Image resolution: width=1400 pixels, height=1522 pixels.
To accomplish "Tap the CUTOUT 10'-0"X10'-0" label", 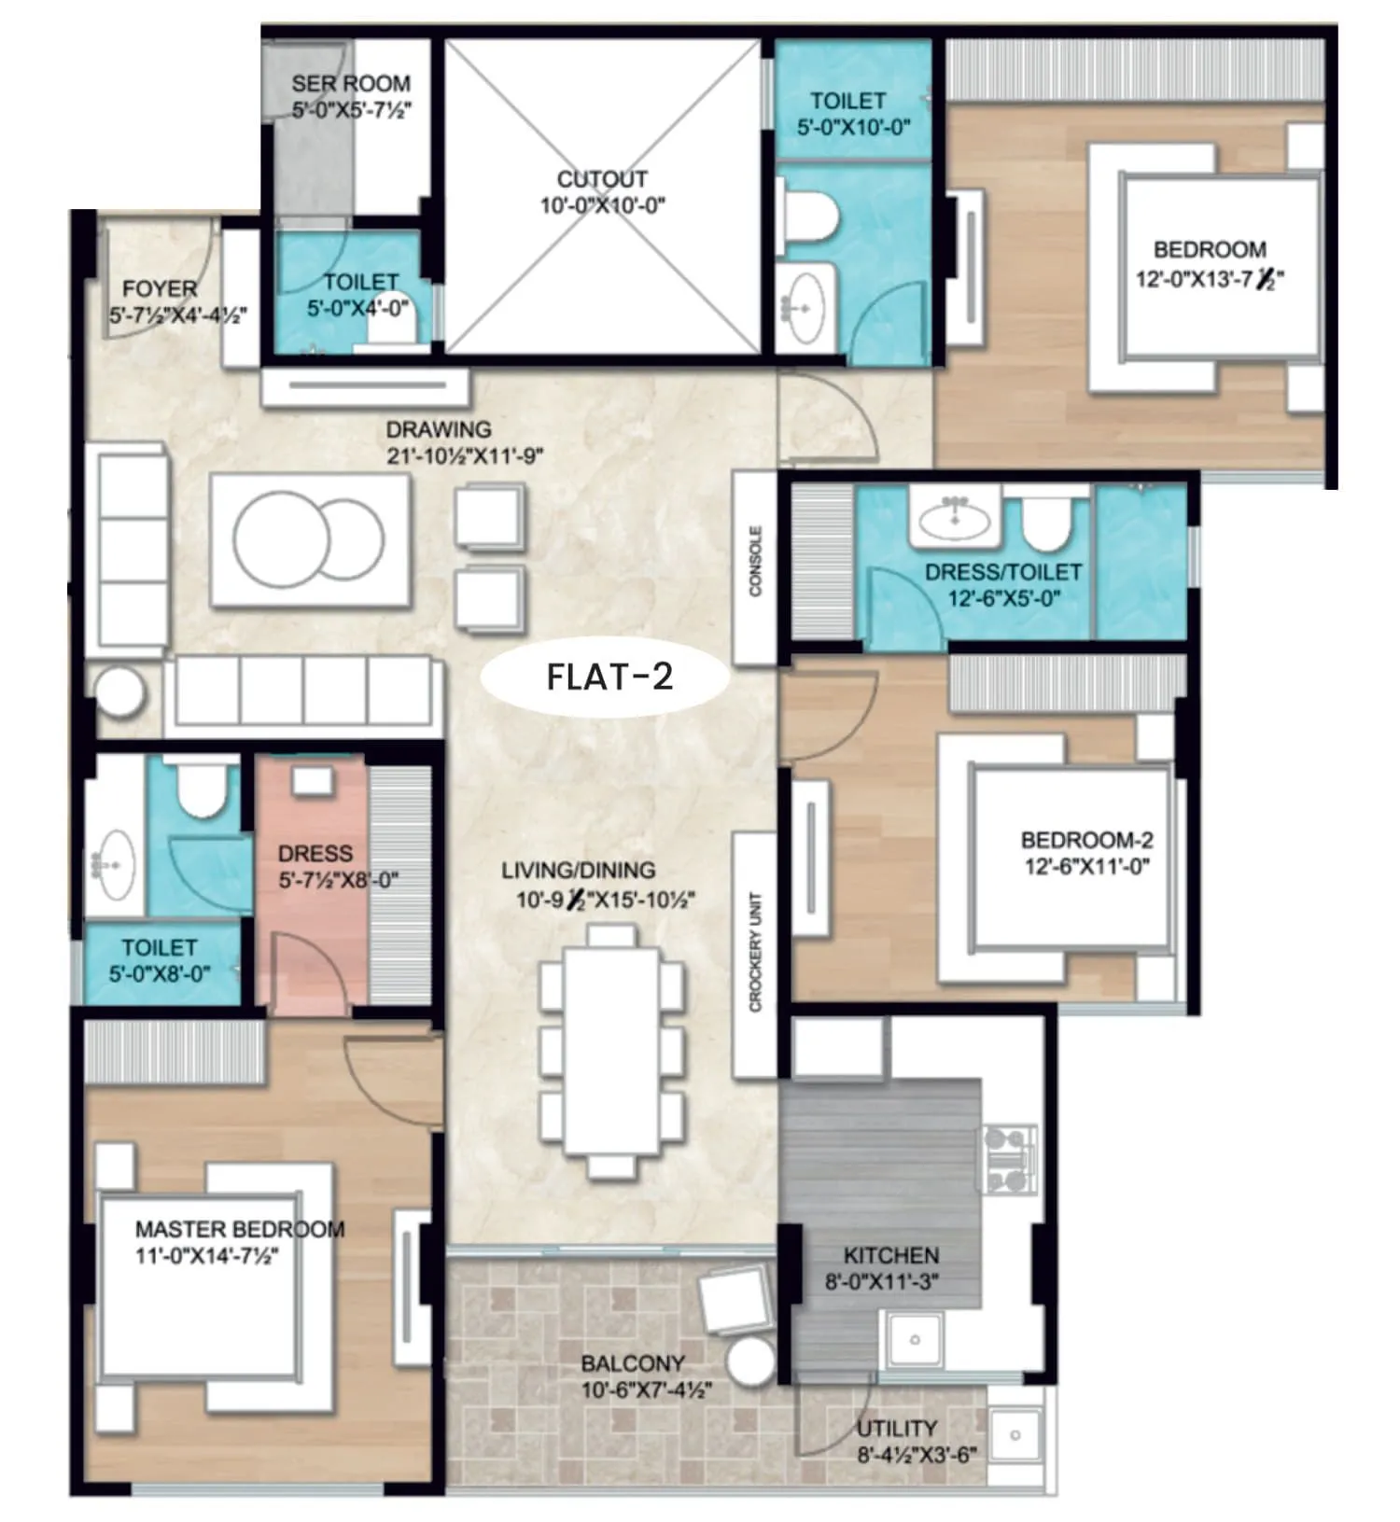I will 602,192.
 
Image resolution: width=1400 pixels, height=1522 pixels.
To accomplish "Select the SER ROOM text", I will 350,84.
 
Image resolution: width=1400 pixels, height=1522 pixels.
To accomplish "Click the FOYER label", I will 160,288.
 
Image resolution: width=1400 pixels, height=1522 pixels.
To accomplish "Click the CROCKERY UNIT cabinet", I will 755,953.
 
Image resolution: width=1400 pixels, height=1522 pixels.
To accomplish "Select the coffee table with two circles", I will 309,539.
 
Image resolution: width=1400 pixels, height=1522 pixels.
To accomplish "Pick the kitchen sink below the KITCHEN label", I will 916,1340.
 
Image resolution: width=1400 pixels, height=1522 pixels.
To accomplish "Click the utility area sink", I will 1015,1435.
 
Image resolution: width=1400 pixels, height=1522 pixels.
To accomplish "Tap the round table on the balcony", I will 749,1363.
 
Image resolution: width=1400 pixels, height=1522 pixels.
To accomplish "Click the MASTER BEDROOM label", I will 240,1229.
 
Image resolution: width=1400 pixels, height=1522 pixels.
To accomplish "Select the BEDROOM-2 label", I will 1086,840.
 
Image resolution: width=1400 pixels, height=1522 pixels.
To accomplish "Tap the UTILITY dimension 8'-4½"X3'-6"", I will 917,1455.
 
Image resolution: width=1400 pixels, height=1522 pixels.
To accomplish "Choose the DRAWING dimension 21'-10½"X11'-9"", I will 464,457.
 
